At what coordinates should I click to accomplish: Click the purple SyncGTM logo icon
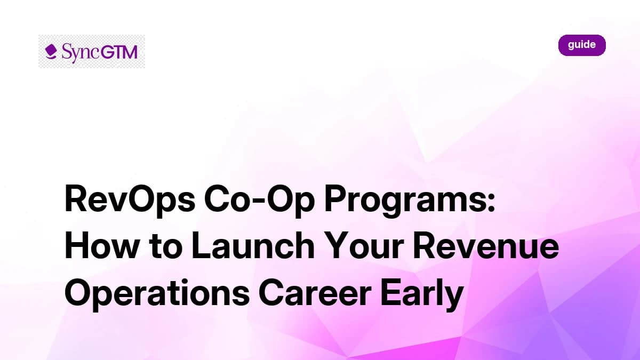pyautogui.click(x=51, y=51)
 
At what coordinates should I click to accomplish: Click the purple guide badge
pyautogui.click(x=582, y=45)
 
